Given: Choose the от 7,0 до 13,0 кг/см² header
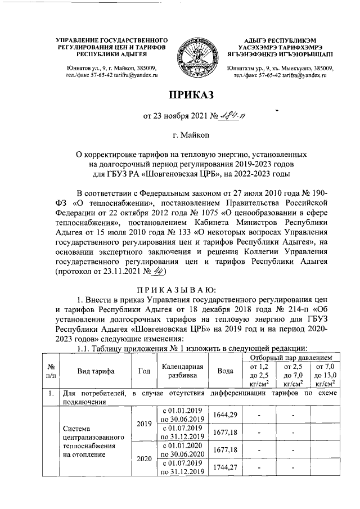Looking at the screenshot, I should pyautogui.click(x=327, y=375).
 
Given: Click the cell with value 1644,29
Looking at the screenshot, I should pyautogui.click(x=225, y=415).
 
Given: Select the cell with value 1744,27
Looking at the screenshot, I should pyautogui.click(x=225, y=467).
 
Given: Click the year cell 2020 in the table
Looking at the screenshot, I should pyautogui.click(x=144, y=458).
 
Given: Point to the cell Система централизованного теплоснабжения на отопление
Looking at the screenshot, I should pyautogui.click(x=91, y=440).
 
